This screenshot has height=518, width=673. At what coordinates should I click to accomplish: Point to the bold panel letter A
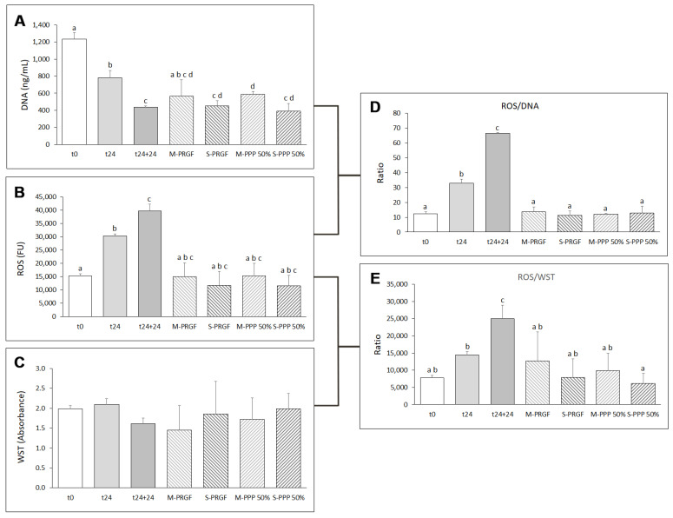pos(17,23)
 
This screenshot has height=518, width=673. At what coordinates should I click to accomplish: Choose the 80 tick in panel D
pos(399,114)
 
